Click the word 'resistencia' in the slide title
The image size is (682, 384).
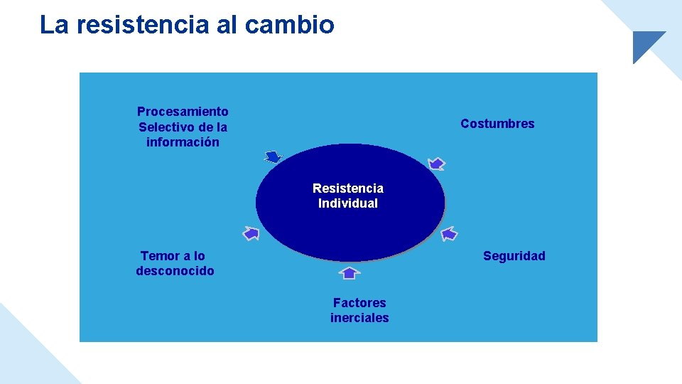tap(143, 25)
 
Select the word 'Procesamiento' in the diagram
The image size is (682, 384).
tap(183, 112)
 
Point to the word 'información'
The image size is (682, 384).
tap(183, 142)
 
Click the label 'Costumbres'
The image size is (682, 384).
tap(497, 124)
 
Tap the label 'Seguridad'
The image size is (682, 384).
tap(514, 256)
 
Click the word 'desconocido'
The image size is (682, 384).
tap(175, 271)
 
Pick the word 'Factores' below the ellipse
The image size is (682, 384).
tap(359, 303)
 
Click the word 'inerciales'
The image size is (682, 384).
tap(359, 318)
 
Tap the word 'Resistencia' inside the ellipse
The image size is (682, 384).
tap(348, 188)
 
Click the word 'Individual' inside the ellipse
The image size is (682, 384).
tap(348, 203)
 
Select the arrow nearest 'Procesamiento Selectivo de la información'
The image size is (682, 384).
tap(273, 157)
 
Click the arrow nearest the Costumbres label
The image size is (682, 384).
tap(437, 164)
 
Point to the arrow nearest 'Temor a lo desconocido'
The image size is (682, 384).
tap(251, 233)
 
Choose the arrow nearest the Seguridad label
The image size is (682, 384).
tap(450, 233)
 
